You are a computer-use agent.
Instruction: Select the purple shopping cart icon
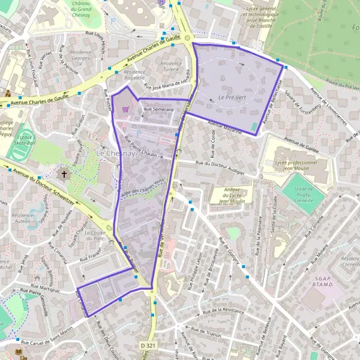click(125, 109)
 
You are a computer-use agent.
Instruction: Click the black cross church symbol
click(64, 175)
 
